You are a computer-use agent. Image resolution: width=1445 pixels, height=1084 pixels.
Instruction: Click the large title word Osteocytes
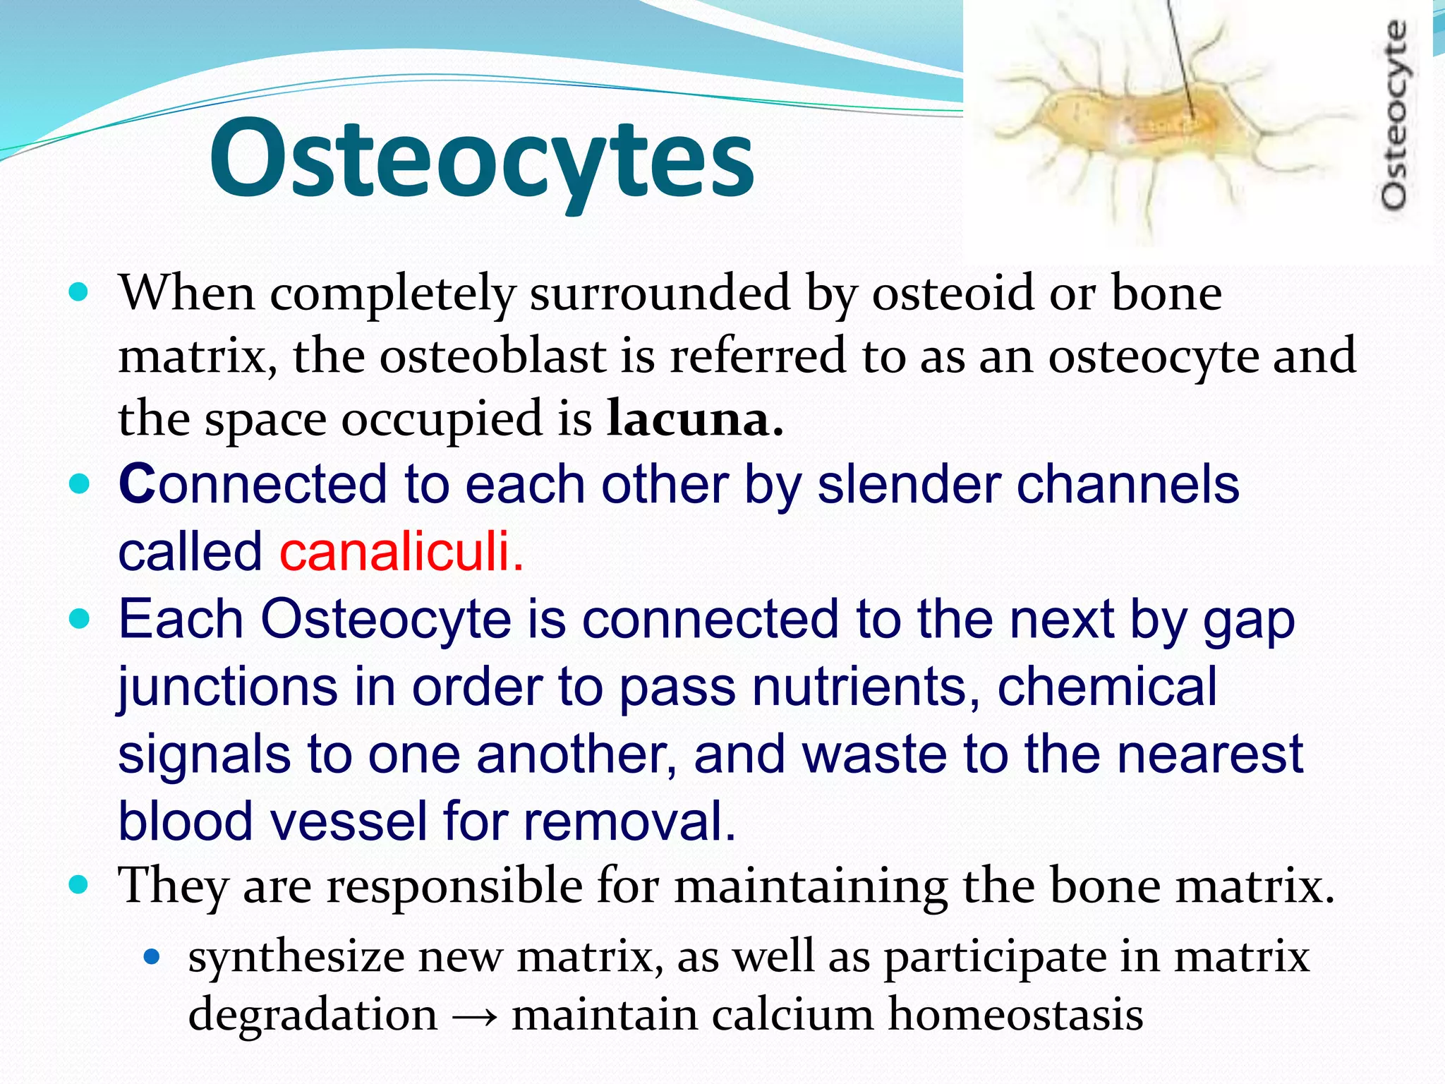click(482, 159)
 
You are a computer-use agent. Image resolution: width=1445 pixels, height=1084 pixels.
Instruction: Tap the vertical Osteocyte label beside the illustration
click(1393, 116)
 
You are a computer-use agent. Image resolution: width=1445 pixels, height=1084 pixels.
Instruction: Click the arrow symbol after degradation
click(475, 1017)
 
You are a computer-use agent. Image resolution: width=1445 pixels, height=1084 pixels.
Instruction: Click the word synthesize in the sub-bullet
click(296, 958)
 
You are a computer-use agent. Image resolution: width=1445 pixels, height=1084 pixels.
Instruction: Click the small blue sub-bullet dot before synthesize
click(152, 958)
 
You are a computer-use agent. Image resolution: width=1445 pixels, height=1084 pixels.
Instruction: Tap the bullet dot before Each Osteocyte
click(80, 619)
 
